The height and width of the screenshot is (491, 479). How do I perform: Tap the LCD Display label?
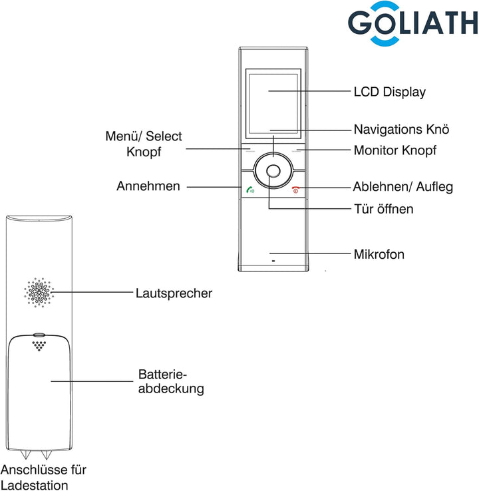tap(389, 92)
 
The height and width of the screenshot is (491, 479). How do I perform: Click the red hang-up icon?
tap(295, 190)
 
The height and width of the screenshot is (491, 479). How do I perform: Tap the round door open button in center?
tap(273, 172)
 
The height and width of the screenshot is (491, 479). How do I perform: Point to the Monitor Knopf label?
tap(395, 150)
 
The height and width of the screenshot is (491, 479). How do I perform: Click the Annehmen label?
tap(148, 186)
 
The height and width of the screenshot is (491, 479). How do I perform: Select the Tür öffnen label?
tap(383, 209)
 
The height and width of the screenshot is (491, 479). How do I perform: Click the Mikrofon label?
tap(379, 254)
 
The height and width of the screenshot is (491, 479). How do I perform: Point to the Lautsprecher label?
tap(174, 293)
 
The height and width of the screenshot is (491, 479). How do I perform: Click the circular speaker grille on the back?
tap(39, 292)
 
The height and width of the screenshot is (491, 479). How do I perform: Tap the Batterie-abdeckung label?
tap(170, 381)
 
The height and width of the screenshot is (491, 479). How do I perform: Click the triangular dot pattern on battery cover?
tap(39, 345)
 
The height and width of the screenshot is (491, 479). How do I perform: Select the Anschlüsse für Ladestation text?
tap(44, 477)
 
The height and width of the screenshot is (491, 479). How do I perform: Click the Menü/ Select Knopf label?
tap(144, 144)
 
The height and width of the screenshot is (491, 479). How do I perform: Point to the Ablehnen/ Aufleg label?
tap(403, 187)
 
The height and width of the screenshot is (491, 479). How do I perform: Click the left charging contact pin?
tap(28, 455)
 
